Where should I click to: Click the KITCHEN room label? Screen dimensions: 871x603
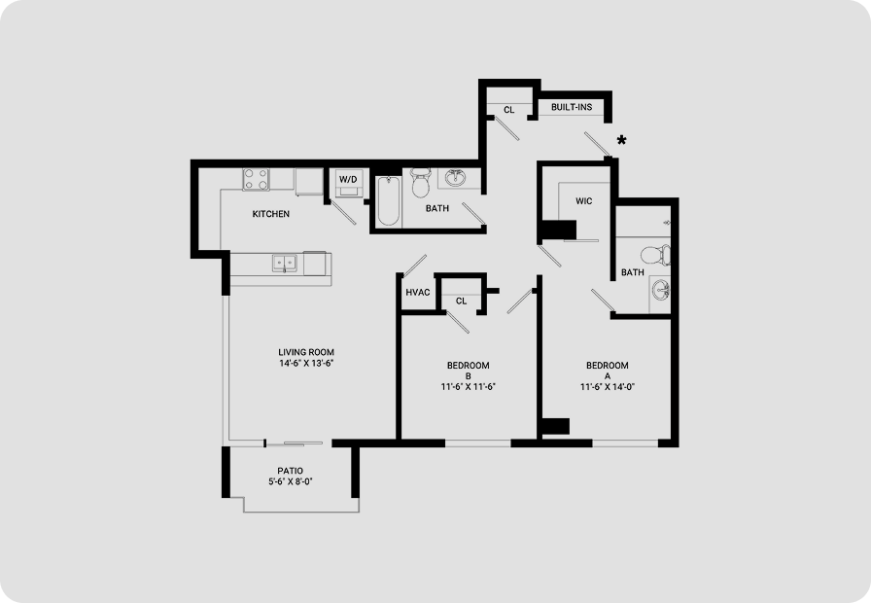pyautogui.click(x=270, y=214)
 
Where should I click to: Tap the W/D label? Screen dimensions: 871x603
pyautogui.click(x=348, y=180)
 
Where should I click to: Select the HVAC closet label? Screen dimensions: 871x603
pyautogui.click(x=418, y=293)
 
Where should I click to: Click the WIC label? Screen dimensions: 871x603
pyautogui.click(x=584, y=201)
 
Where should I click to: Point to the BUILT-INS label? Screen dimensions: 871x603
pyautogui.click(x=572, y=107)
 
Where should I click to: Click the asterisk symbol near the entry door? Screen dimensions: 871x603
pyautogui.click(x=621, y=140)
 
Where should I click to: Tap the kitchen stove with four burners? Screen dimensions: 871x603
pyautogui.click(x=256, y=180)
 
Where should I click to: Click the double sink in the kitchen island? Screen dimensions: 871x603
pyautogui.click(x=285, y=263)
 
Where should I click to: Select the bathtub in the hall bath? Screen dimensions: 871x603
pyautogui.click(x=388, y=200)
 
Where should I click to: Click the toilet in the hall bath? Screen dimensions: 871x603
pyautogui.click(x=420, y=182)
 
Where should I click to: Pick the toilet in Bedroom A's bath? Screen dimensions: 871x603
pyautogui.click(x=655, y=256)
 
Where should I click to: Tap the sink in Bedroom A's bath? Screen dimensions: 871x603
pyautogui.click(x=660, y=290)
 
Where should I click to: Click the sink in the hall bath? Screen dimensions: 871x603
pyautogui.click(x=456, y=177)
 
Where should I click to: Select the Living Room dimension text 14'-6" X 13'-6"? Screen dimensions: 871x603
pyautogui.click(x=306, y=364)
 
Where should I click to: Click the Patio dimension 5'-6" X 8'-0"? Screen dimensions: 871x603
pyautogui.click(x=291, y=481)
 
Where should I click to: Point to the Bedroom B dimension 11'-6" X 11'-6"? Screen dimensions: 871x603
pyautogui.click(x=468, y=387)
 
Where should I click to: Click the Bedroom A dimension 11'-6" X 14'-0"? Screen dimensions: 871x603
pyautogui.click(x=608, y=387)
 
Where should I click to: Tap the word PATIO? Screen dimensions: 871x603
pyautogui.click(x=290, y=472)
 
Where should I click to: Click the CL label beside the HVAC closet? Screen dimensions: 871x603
pyautogui.click(x=461, y=301)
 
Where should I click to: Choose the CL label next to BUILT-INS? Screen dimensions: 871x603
pyautogui.click(x=508, y=110)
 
